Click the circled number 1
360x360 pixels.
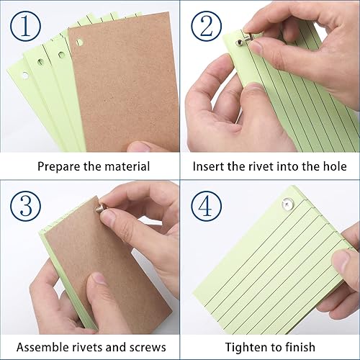tap(26, 26)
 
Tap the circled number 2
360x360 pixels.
tap(207, 26)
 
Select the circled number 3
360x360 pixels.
tap(26, 206)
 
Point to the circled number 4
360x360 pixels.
tap(207, 206)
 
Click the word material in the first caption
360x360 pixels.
tap(127, 166)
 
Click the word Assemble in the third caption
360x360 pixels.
tap(42, 347)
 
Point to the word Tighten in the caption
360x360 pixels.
tap(246, 348)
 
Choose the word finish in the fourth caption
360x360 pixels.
tap(300, 347)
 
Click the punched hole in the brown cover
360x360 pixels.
tap(79, 42)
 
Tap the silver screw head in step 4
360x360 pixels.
tap(287, 204)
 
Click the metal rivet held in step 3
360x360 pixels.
tap(102, 207)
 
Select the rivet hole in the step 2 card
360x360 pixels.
tap(239, 43)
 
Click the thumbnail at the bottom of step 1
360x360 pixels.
tap(139, 147)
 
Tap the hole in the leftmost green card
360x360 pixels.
tap(25, 76)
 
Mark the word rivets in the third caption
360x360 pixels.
tap(88, 347)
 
